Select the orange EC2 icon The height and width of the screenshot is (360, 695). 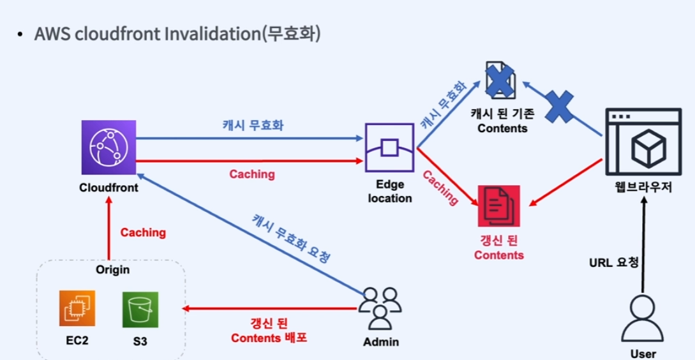coord(77,310)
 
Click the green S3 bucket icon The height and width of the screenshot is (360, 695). coord(140,310)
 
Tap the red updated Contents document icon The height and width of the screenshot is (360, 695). coord(498,206)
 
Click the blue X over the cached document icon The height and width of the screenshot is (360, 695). coord(502,82)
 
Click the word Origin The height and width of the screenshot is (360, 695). coord(112,269)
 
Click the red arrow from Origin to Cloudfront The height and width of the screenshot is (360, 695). coord(108,227)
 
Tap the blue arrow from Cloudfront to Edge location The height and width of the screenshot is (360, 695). coord(249,138)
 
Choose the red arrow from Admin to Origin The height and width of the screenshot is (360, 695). coord(268,309)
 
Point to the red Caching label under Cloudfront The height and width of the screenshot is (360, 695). coord(143,232)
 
